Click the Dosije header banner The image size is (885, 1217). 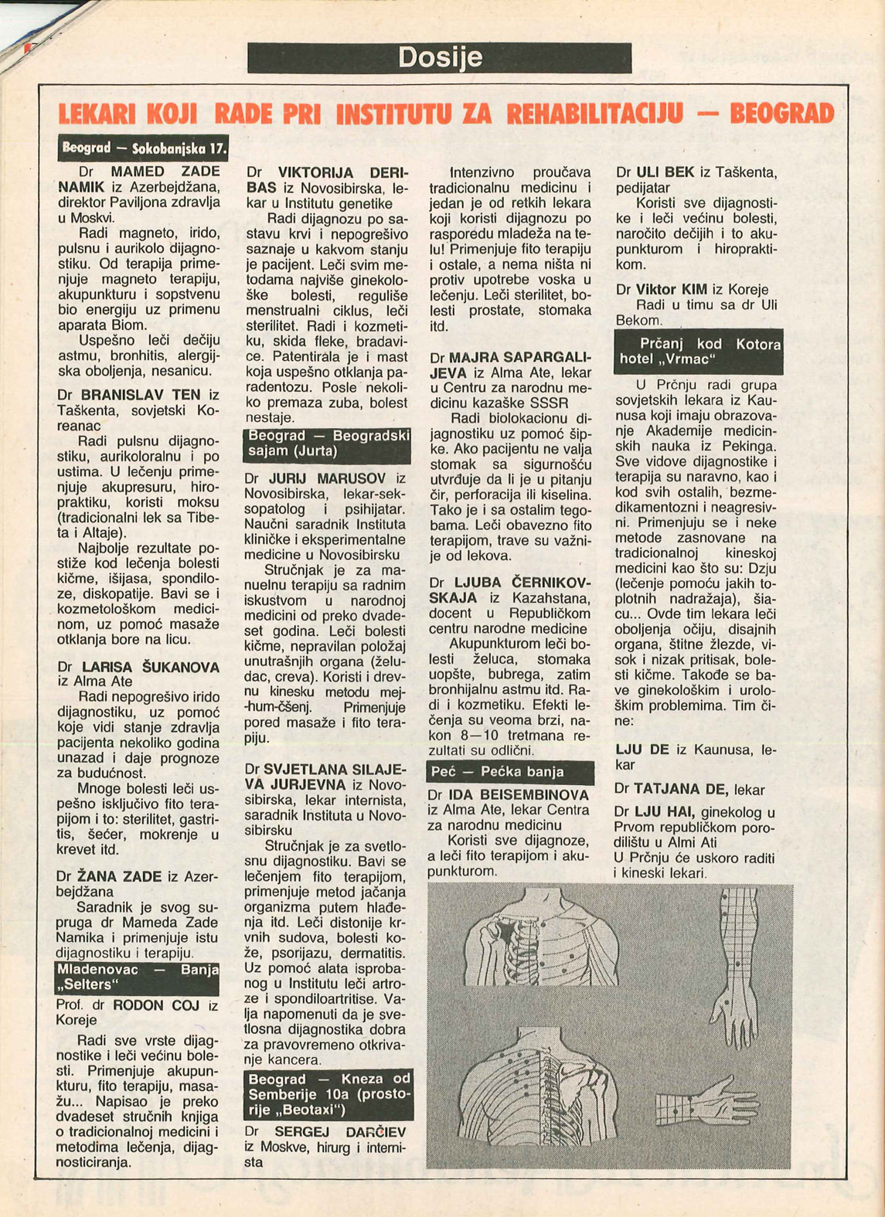coord(439,58)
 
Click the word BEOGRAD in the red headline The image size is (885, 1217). coord(781,114)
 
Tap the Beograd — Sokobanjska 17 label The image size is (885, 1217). coord(144,148)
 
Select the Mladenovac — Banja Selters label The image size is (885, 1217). coord(138,977)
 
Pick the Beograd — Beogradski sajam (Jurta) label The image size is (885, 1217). coord(327,444)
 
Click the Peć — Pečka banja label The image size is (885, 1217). coord(509,771)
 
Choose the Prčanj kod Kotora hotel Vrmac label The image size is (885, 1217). coord(698,352)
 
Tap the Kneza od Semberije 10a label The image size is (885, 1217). coord(328,1094)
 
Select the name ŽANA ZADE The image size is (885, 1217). coord(119,876)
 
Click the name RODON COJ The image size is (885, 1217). coord(156,1005)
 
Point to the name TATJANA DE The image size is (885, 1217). coord(681,790)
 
